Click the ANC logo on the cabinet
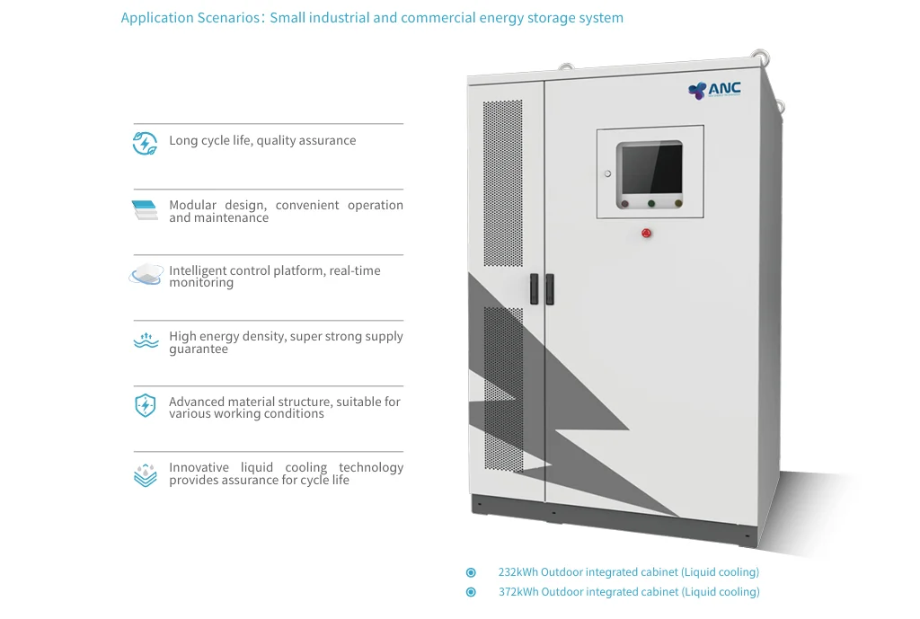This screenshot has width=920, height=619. click(x=714, y=89)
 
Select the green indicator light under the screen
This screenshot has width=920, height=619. click(x=651, y=203)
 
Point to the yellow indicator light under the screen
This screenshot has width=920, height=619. click(x=678, y=203)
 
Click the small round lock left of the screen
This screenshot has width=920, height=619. click(x=608, y=173)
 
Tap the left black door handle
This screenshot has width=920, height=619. click(x=535, y=288)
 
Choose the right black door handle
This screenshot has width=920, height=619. click(x=549, y=288)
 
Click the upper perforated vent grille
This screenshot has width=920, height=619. click(x=502, y=182)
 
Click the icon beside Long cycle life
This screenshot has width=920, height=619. click(x=145, y=143)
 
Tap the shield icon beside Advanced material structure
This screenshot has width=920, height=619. click(x=145, y=406)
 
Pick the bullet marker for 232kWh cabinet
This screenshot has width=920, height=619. click(x=471, y=572)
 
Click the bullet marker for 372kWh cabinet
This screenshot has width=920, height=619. click(x=471, y=592)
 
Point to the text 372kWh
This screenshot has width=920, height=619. click(x=518, y=592)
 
